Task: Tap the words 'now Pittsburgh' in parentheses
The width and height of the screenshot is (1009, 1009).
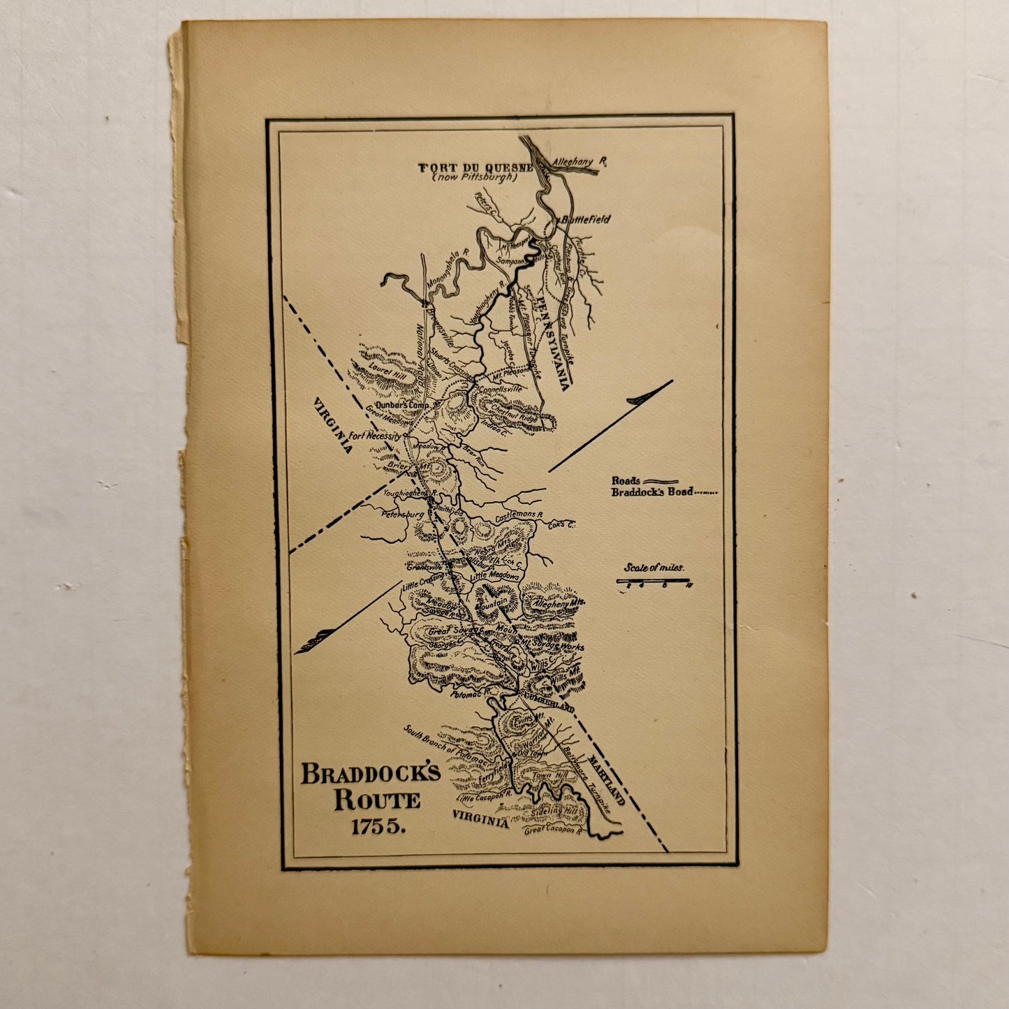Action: (474, 177)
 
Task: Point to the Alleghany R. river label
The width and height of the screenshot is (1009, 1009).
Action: (579, 162)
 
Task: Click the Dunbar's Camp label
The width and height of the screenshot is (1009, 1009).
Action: (401, 404)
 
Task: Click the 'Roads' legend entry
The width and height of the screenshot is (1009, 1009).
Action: (626, 480)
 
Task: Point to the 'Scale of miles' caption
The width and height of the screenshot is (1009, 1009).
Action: (654, 568)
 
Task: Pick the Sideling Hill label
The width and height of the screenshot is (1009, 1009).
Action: (553, 812)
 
